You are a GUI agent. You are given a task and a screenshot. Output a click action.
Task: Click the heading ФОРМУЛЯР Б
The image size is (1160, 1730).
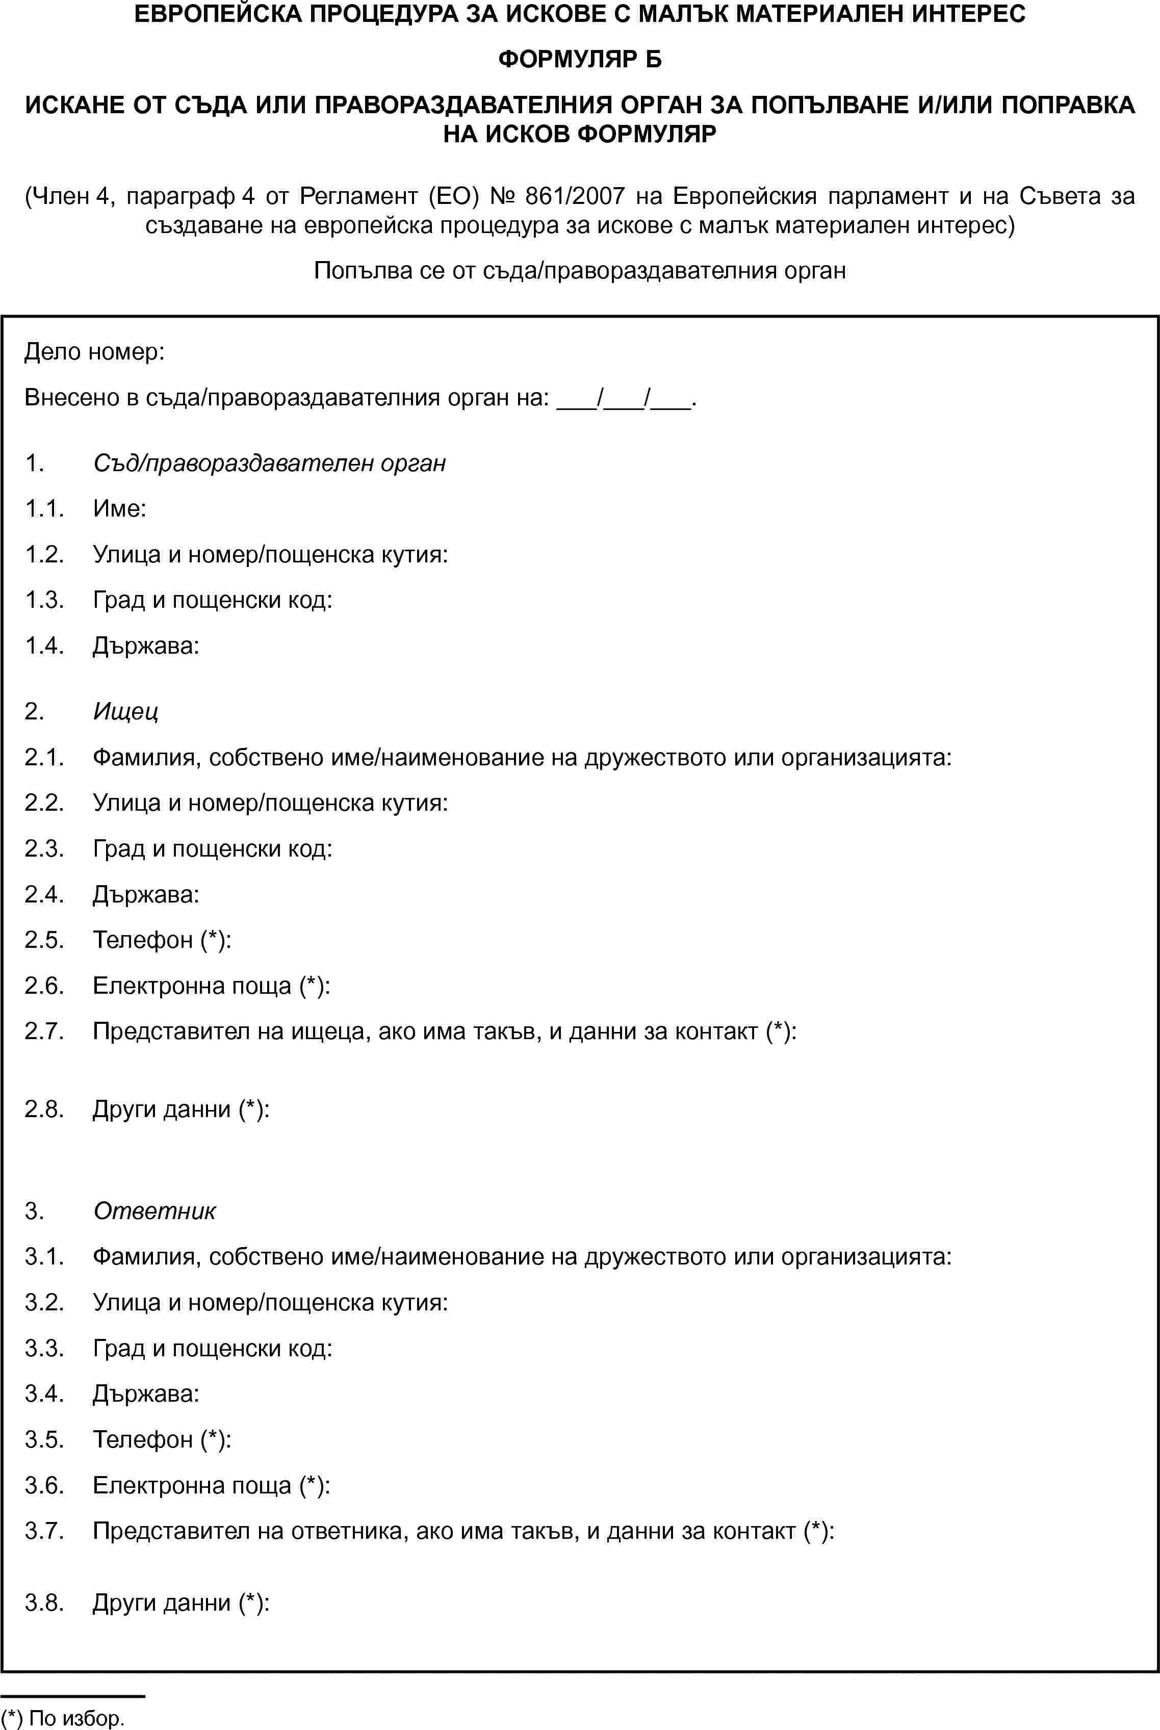(580, 59)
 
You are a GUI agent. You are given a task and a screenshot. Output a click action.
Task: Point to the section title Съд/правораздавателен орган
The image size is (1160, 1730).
(269, 463)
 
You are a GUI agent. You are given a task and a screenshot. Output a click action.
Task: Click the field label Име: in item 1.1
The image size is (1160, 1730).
(119, 509)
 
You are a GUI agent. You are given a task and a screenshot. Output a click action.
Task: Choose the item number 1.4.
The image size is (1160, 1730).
(44, 645)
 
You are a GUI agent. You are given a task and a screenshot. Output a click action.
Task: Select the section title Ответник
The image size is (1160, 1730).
(154, 1211)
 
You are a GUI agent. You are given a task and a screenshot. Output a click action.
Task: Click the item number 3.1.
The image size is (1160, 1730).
(44, 1257)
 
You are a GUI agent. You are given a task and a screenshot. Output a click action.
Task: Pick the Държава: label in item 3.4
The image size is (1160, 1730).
(146, 1393)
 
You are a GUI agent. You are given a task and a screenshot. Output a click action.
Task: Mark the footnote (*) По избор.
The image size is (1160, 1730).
(63, 1717)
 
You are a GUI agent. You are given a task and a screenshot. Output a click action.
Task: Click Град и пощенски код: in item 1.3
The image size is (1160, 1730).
(212, 600)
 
